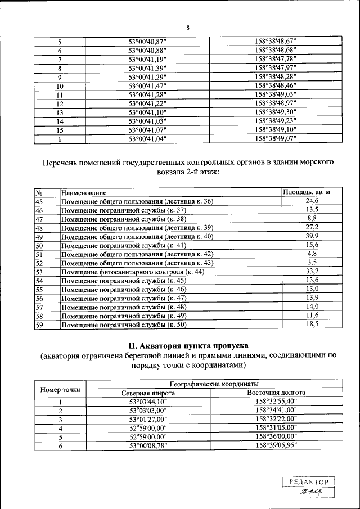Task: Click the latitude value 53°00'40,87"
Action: [x=148, y=42]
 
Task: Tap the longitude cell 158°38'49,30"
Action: [x=275, y=112]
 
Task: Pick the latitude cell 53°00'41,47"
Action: [x=148, y=85]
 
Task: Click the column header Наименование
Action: [x=84, y=193]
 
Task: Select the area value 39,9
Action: [x=312, y=236]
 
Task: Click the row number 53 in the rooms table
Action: [x=39, y=272]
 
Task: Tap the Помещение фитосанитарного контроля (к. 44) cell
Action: [x=132, y=272]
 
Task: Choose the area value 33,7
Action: [x=312, y=272]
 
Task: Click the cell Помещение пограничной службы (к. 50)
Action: [x=123, y=325]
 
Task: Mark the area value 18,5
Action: [x=312, y=325]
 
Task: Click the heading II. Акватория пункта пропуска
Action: [x=188, y=345]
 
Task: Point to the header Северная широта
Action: [x=148, y=393]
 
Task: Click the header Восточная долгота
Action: [x=276, y=393]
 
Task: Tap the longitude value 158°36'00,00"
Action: [x=275, y=436]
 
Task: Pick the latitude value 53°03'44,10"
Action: [x=148, y=402]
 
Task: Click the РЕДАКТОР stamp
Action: [x=308, y=483]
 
